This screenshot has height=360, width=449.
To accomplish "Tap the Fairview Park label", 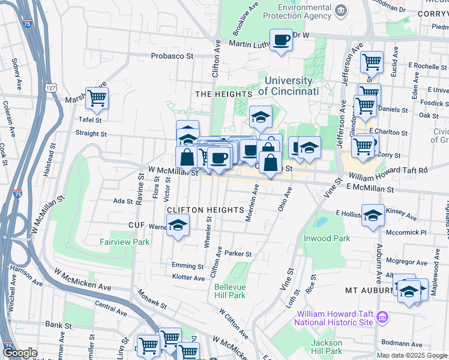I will coord(124,242).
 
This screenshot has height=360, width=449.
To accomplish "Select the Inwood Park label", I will coord(333,238).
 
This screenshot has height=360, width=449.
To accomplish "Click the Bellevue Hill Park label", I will coord(230,291).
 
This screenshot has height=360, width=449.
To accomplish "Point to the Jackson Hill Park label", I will coord(327,346).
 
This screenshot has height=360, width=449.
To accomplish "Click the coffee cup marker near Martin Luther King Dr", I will coord(281,41).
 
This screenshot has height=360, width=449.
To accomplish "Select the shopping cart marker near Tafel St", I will coord(96,98).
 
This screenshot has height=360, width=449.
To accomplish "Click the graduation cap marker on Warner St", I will coord(178,226).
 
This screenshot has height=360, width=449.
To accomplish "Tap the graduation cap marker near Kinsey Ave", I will coord(373,215).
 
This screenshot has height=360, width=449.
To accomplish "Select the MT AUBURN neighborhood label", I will coord(367,290).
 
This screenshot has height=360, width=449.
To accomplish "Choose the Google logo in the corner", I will coord(20,353).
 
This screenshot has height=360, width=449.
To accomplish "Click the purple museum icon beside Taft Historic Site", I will coord(384,316).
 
